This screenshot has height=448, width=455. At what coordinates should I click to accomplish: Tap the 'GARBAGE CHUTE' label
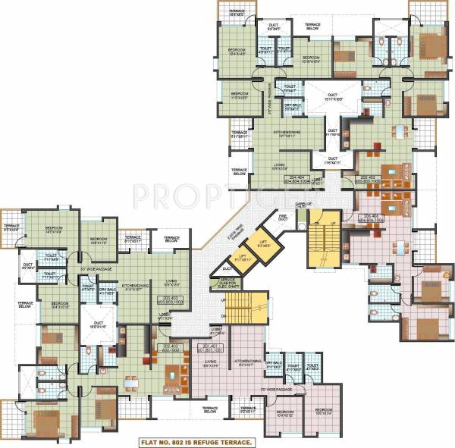coord(303,205)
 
